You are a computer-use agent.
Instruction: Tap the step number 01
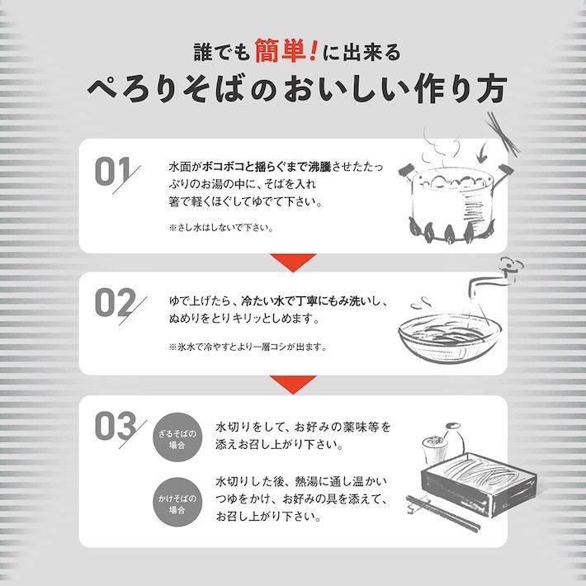coord(113,172)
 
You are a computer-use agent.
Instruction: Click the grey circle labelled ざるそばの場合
coord(177,437)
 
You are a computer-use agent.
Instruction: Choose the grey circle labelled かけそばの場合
coord(177,502)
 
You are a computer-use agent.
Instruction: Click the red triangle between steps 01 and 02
coord(293,262)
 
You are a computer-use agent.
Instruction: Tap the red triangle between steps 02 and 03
coord(293,385)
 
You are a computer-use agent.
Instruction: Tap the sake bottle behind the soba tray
coord(453,439)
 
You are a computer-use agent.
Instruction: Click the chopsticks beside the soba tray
coord(443,512)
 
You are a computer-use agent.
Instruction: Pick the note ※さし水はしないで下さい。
coord(221,228)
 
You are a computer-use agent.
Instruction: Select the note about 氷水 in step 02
coord(248,347)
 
